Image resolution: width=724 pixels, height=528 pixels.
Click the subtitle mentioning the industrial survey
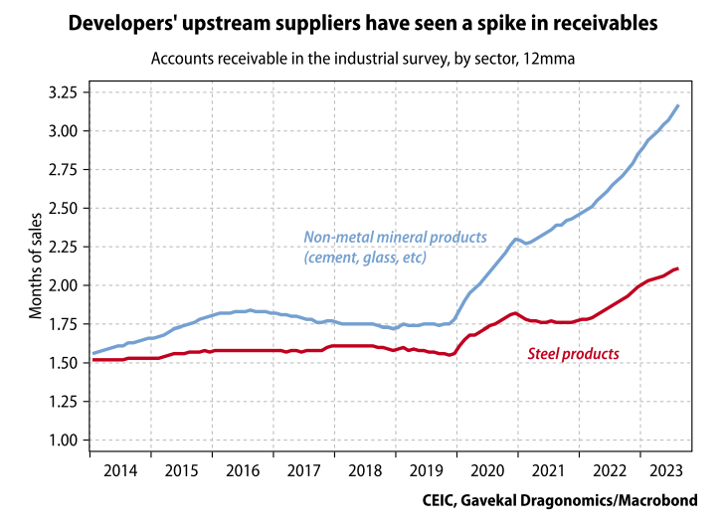(363, 58)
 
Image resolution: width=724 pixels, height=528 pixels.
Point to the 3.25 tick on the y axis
(63, 92)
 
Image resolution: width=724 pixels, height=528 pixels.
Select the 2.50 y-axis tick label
(63, 208)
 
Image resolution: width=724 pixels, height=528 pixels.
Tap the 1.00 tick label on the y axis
(63, 440)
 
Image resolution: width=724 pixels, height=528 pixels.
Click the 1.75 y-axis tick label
(63, 324)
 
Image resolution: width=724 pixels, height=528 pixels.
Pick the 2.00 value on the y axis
(63, 285)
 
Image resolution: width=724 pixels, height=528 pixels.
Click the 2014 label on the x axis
(120, 470)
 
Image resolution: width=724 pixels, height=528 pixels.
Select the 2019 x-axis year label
(426, 470)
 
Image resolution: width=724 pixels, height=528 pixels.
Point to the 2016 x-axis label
(243, 470)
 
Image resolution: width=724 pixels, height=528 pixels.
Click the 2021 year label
(548, 470)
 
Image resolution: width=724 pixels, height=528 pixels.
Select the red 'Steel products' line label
(572, 353)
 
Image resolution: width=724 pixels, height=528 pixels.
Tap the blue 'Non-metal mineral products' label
(395, 247)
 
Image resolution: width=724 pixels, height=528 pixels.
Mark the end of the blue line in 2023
(678, 105)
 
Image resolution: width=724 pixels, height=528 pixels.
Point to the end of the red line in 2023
(678, 268)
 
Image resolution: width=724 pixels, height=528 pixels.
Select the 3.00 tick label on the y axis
(63, 131)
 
